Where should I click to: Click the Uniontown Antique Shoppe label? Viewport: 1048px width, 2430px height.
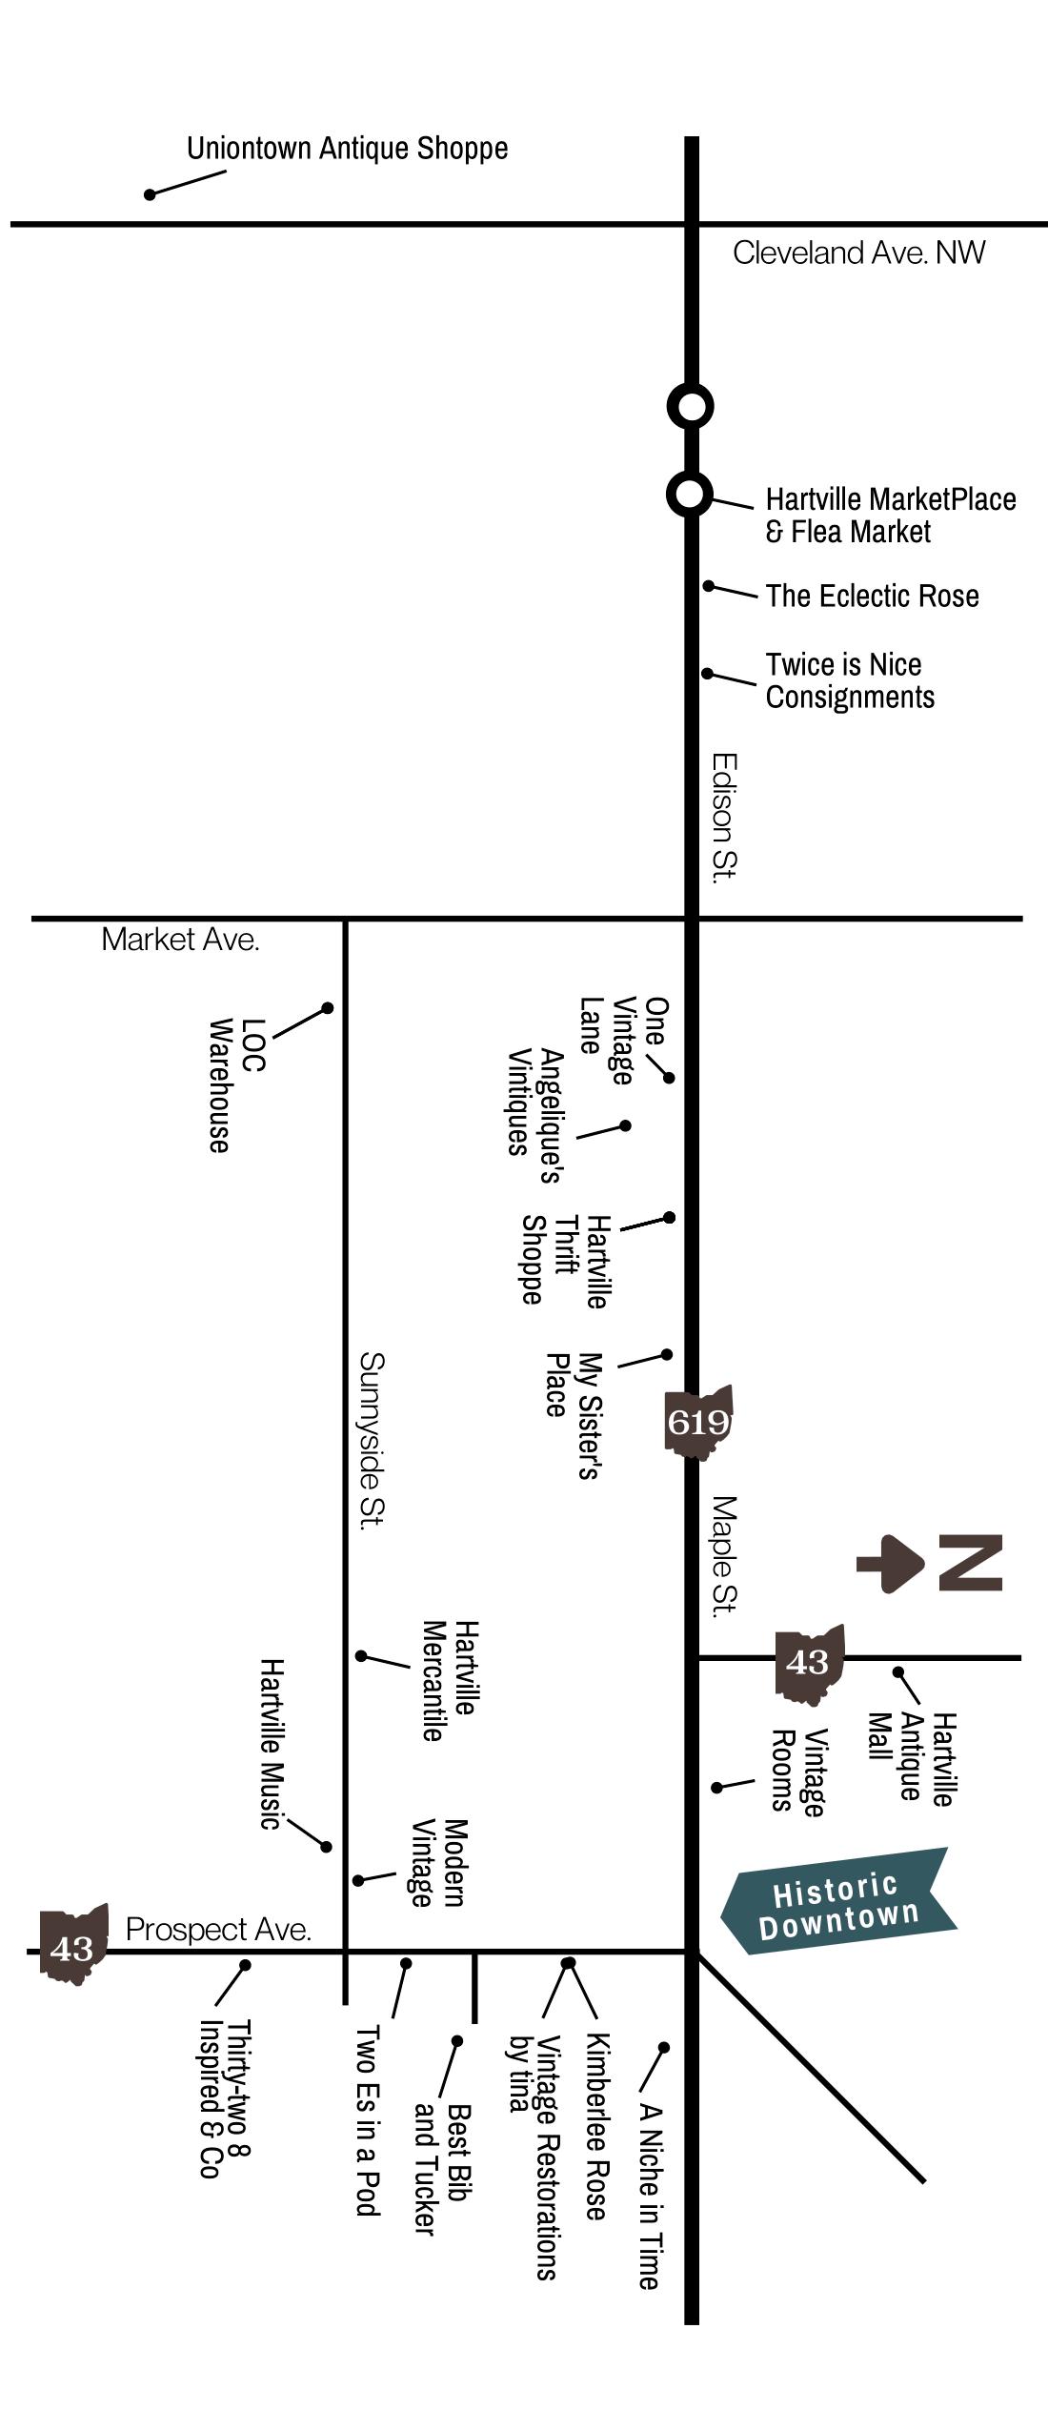(347, 149)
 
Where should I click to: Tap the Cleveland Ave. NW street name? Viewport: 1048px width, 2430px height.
(858, 253)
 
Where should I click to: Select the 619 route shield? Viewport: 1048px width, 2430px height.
(698, 1422)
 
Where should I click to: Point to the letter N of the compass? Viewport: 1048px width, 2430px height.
(970, 1563)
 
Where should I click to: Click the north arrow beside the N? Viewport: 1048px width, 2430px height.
(890, 1564)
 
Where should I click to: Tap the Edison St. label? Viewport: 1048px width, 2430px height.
(724, 818)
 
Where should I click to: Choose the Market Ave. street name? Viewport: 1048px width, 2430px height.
(180, 940)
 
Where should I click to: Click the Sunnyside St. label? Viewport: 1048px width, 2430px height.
(372, 1439)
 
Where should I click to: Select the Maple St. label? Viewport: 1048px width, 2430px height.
(724, 1556)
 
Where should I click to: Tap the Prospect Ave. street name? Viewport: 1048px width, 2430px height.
(218, 1930)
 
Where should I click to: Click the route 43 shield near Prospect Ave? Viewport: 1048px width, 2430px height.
(72, 1947)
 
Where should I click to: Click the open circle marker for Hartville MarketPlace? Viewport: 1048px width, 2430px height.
(690, 494)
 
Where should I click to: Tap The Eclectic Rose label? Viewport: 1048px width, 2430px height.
(872, 596)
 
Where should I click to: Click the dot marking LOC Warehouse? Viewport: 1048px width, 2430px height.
(327, 1007)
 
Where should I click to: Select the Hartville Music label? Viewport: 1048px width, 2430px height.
(272, 1744)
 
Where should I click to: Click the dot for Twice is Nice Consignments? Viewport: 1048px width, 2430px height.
(708, 673)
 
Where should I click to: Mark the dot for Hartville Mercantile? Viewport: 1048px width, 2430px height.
(361, 1655)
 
